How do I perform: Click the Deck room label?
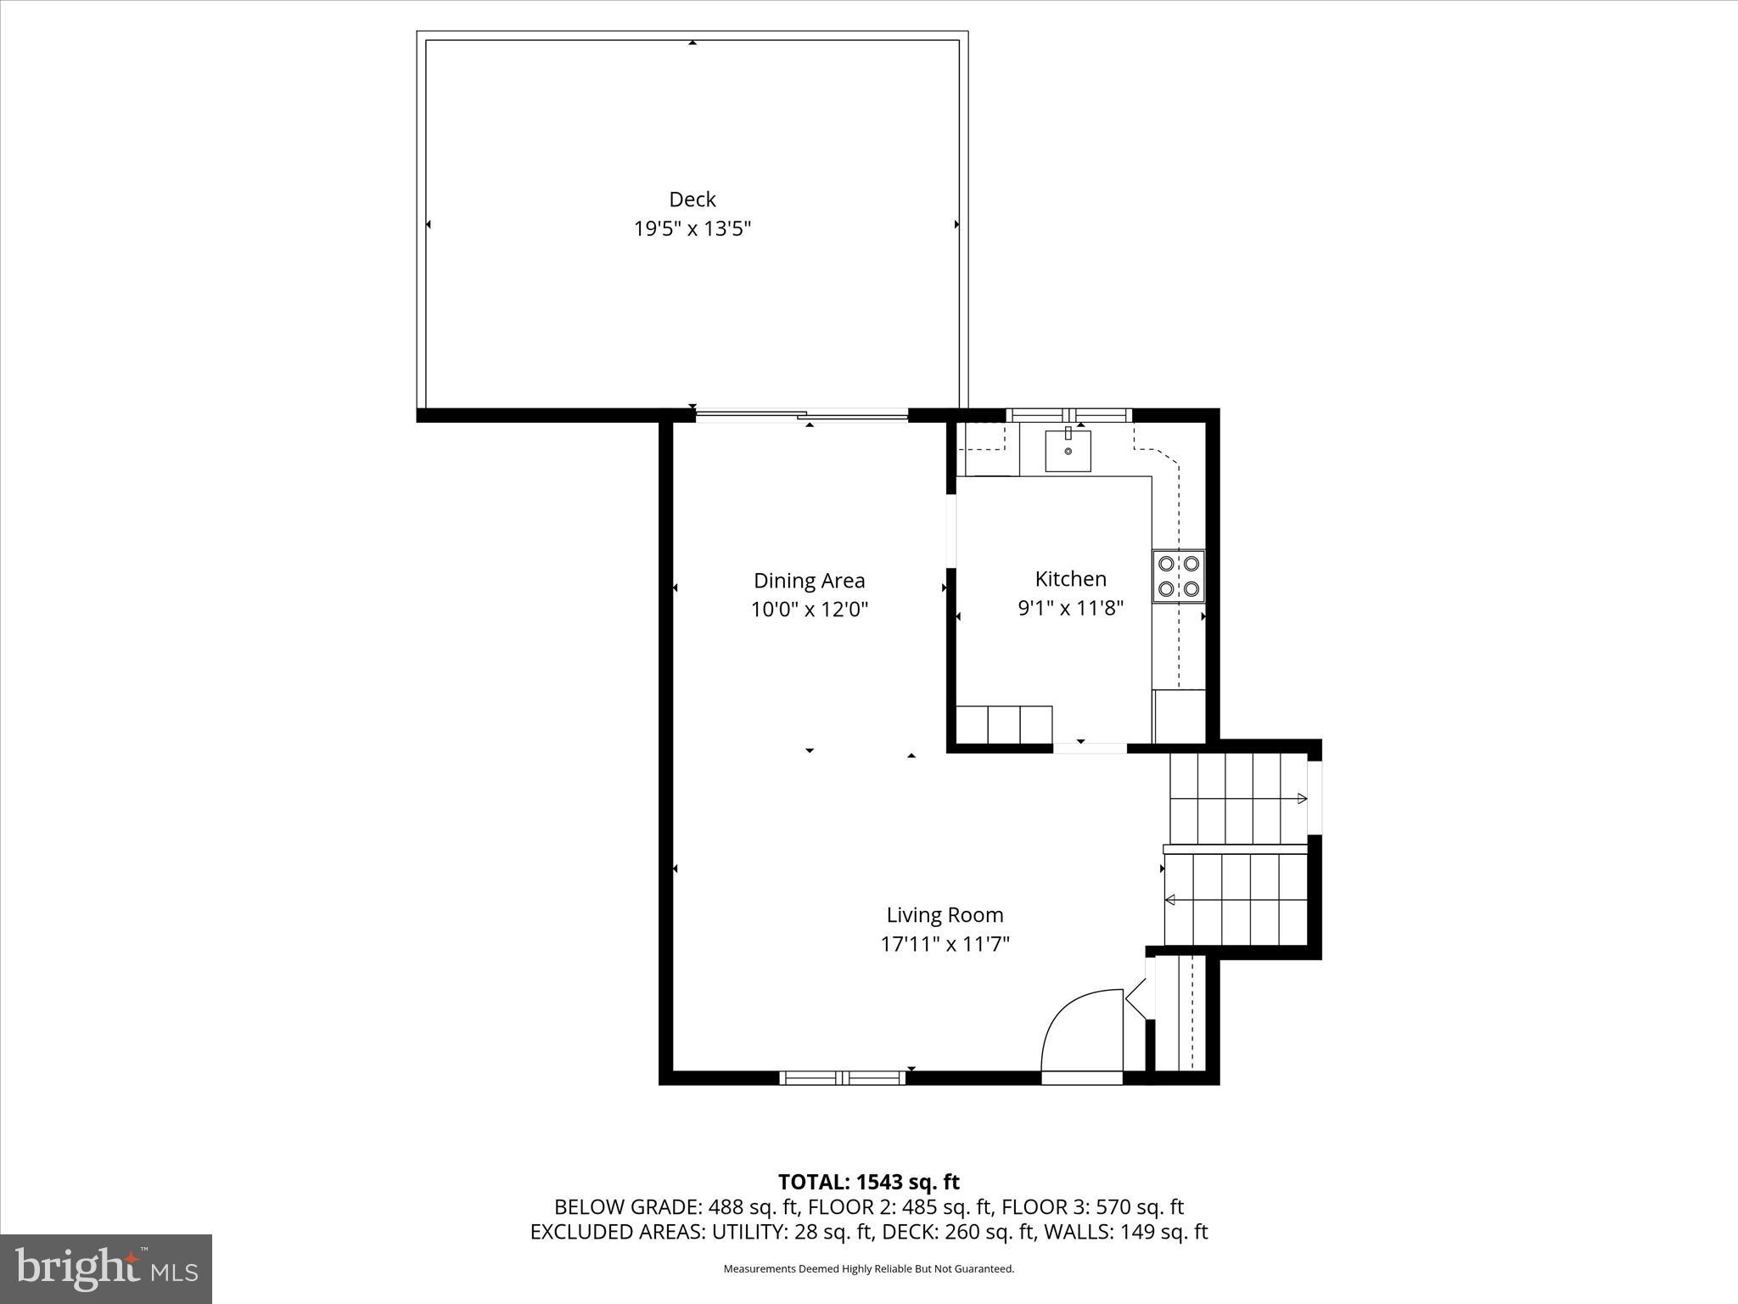[692, 200]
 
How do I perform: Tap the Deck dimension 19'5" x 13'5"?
[692, 229]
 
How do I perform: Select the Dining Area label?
[809, 581]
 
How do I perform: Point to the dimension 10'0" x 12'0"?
[809, 610]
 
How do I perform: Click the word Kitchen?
[1070, 579]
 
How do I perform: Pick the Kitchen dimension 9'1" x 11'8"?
[1070, 608]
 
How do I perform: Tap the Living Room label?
[945, 915]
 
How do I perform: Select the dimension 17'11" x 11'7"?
[945, 944]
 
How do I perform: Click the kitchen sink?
[1068, 450]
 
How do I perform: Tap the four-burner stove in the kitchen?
[1178, 576]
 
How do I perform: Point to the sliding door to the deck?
[802, 415]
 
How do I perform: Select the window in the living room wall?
[843, 1078]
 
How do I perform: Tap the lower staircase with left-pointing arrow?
[1235, 900]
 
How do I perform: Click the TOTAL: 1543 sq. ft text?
[868, 1182]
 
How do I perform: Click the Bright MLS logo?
[106, 1268]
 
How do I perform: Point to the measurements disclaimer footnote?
[868, 1268]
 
